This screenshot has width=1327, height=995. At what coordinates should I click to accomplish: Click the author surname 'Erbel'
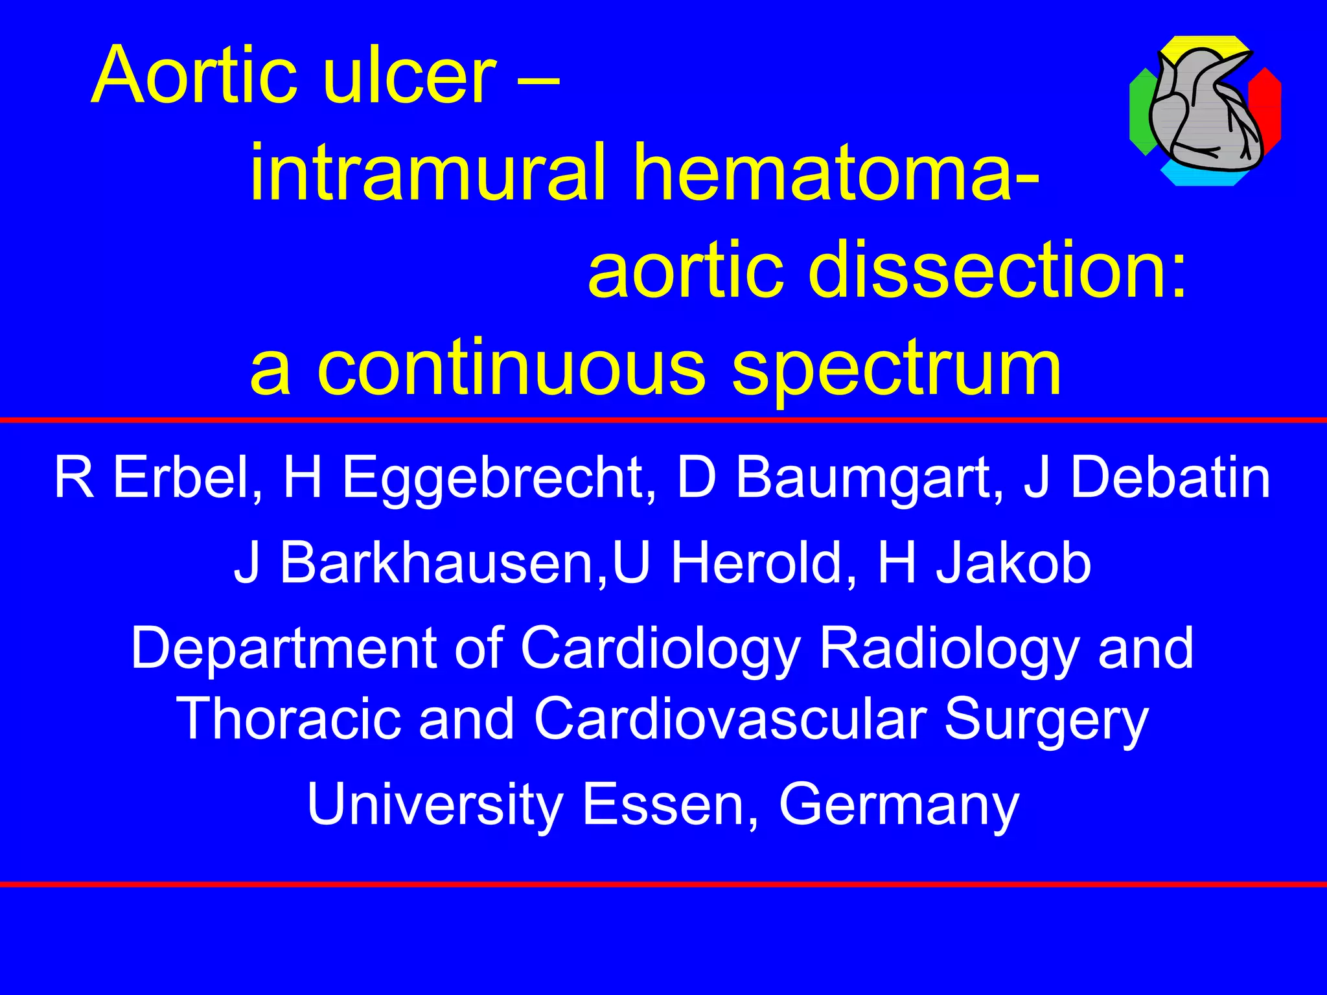pyautogui.click(x=187, y=478)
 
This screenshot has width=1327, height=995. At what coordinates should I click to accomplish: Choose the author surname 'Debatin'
pyautogui.click(x=1170, y=478)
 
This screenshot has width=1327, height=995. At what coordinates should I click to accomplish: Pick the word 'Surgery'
pyautogui.click(x=1046, y=720)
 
